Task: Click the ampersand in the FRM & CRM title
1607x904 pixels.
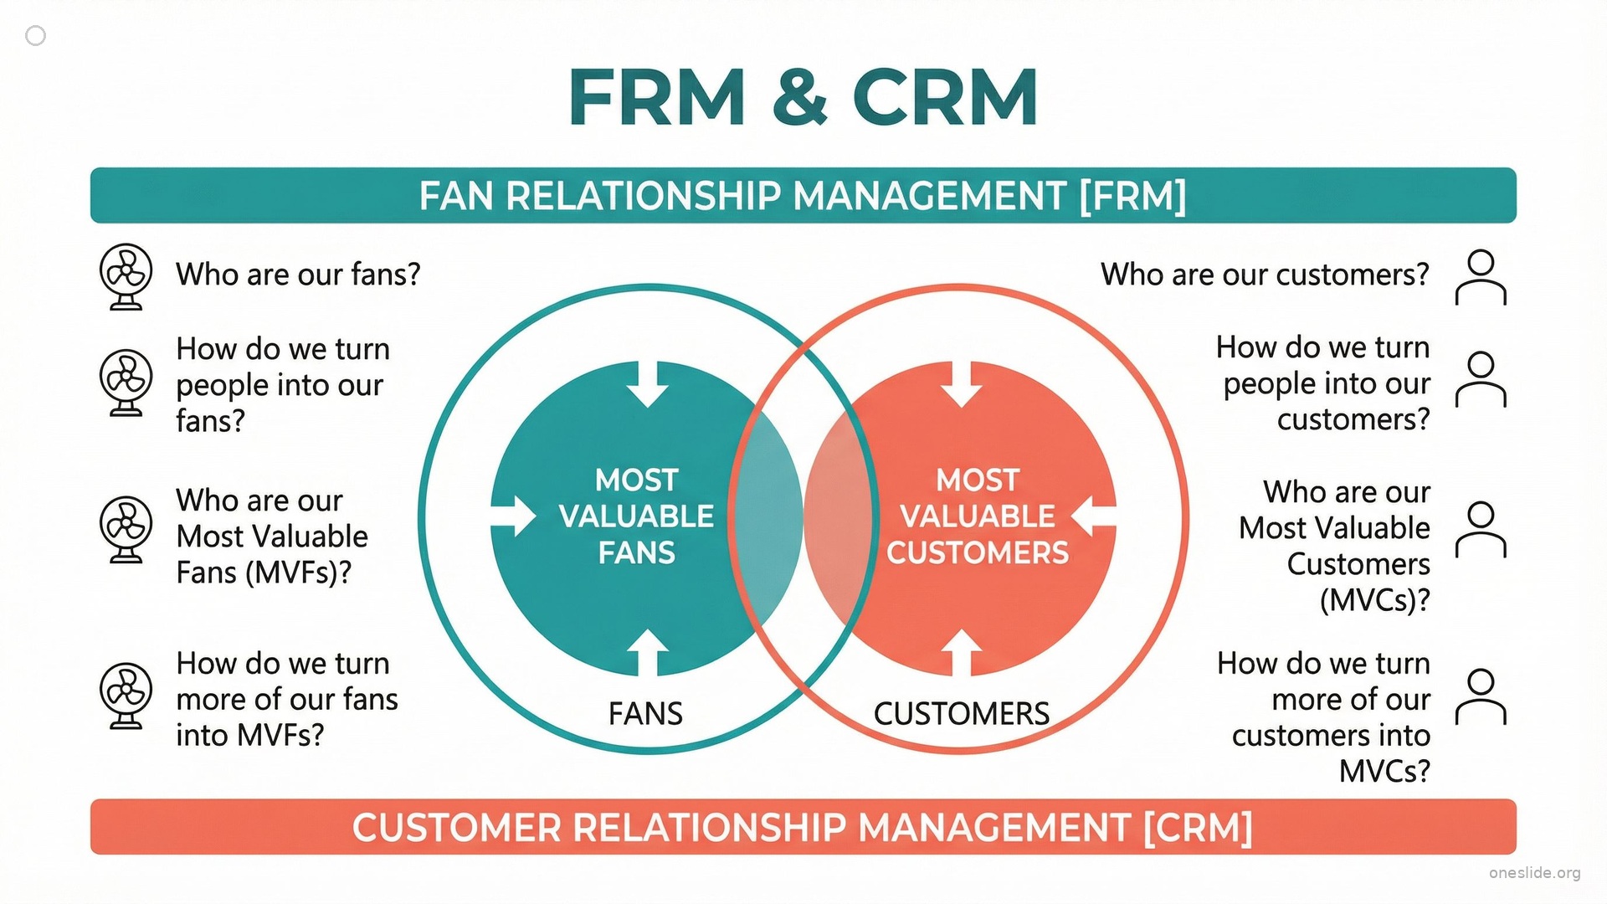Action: click(x=800, y=98)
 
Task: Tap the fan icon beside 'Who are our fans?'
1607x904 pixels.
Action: click(x=126, y=276)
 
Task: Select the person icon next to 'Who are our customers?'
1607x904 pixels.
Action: click(x=1481, y=277)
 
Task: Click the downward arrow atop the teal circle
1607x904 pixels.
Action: click(x=648, y=383)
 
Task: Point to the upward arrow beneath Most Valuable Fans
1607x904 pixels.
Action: click(x=648, y=653)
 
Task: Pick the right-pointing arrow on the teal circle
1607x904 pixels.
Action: click(x=513, y=516)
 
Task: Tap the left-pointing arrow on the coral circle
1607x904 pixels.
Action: click(x=1093, y=516)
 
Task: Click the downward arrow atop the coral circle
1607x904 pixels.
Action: click(x=962, y=383)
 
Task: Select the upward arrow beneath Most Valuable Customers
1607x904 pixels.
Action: click(x=962, y=653)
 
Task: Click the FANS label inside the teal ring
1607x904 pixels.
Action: click(x=645, y=714)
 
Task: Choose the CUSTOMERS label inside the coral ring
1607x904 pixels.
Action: click(x=962, y=714)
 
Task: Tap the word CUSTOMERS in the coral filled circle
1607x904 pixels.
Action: click(x=978, y=553)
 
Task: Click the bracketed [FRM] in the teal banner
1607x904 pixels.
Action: click(x=1132, y=196)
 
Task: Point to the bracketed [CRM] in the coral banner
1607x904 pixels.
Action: click(x=1198, y=828)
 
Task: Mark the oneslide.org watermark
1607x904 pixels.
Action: click(x=1534, y=873)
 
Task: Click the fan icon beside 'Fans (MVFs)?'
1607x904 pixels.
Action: click(x=126, y=530)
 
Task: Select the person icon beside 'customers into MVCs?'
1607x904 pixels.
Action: click(x=1481, y=696)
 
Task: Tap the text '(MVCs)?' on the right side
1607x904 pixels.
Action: click(x=1375, y=601)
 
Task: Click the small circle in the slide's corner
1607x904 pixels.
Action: click(x=36, y=35)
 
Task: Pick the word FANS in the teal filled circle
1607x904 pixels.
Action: click(x=636, y=553)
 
